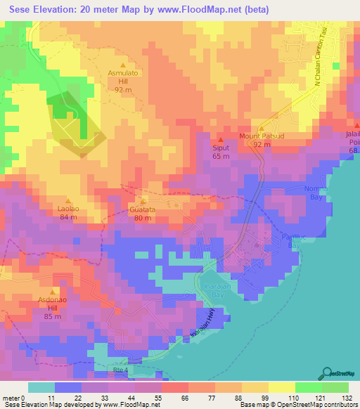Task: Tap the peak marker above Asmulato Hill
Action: (124, 64)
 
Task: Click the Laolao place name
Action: (68, 209)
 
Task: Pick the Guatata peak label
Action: (143, 209)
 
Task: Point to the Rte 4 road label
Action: (122, 370)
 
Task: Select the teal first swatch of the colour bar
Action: (41, 387)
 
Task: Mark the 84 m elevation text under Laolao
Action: (68, 217)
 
